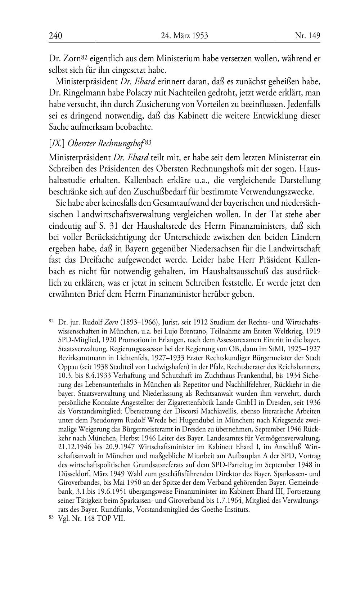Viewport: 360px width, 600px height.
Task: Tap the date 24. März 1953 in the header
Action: click(x=184, y=36)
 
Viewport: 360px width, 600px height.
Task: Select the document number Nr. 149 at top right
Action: click(x=307, y=36)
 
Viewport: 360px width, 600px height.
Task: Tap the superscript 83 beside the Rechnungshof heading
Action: click(x=148, y=142)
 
